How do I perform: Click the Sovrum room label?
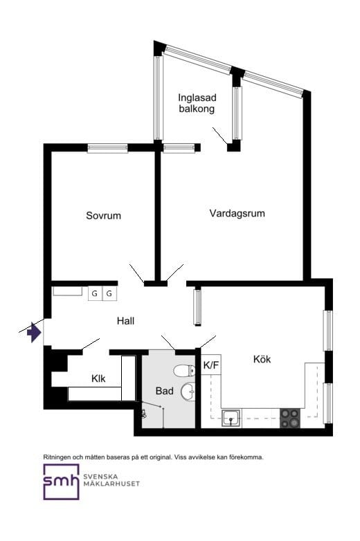104,216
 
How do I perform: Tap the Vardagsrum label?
237,213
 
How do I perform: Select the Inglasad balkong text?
197,103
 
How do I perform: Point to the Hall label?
125,321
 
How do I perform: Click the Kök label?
262,359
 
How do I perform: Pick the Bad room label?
164,391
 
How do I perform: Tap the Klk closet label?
98,378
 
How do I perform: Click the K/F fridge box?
211,365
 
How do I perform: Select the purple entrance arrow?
34,332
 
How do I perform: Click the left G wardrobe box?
95,293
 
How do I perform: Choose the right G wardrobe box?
109,293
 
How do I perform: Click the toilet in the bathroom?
184,371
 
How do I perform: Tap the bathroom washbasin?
188,391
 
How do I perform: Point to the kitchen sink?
231,418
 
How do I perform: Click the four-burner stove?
289,418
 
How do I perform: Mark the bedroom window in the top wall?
108,148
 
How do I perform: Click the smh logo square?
61,482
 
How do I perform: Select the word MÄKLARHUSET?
111,484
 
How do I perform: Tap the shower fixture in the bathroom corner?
144,413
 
